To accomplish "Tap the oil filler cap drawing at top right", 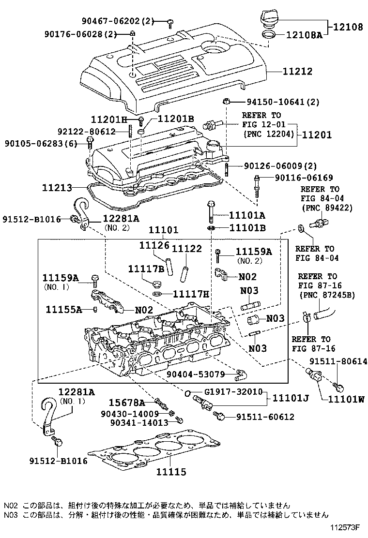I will point(270,21).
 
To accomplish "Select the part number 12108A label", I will point(304,35).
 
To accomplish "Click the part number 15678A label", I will point(126,403).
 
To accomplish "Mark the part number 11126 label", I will point(154,246).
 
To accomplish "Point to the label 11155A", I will point(64,309).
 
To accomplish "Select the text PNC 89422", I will point(327,208).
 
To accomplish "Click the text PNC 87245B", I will point(327,295).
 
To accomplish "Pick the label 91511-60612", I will point(265,417).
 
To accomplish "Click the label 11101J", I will point(290,398).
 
